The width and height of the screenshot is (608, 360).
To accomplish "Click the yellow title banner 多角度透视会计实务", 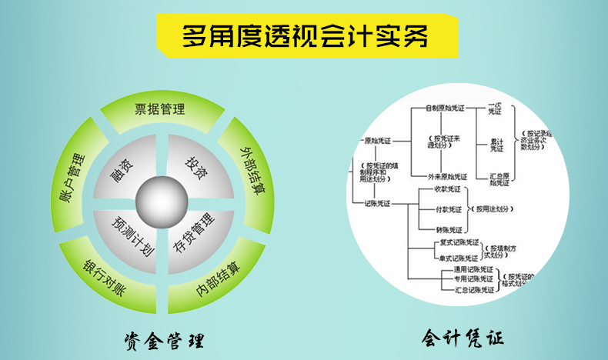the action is point(304,36).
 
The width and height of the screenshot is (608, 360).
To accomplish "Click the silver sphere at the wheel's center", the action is point(161,202).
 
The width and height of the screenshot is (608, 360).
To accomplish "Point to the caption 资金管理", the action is point(162,338).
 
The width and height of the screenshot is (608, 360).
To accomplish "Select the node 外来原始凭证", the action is point(448,176).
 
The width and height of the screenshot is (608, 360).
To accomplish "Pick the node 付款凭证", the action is point(448,209).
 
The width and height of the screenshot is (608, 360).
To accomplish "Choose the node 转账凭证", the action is point(448,229).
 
